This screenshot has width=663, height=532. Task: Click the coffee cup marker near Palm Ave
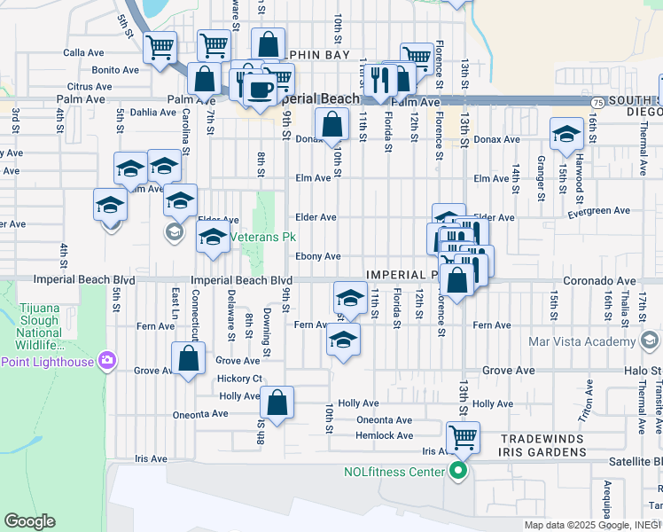click(260, 90)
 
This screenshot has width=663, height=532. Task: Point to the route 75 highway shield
click(597, 103)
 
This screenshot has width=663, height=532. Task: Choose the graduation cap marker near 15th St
click(565, 134)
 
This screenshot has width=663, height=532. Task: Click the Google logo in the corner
click(29, 521)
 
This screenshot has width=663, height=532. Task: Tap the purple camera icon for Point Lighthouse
click(107, 360)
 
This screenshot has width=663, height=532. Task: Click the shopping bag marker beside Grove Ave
click(189, 359)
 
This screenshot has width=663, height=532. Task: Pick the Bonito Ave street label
click(115, 69)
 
